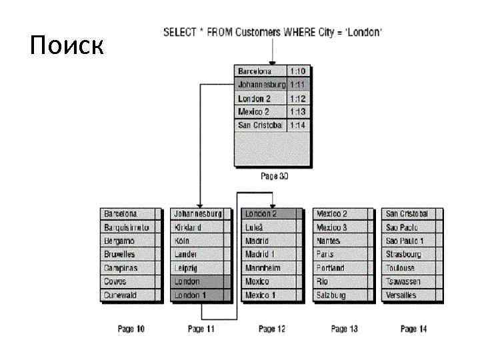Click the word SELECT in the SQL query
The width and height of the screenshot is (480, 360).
coord(179,31)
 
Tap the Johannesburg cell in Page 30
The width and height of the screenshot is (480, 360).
coord(261,85)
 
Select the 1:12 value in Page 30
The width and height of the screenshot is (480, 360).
coord(297,98)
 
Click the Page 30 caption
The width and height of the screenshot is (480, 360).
coord(274,177)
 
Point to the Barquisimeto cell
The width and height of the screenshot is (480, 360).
coord(126,227)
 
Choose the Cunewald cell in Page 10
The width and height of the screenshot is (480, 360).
coord(121,295)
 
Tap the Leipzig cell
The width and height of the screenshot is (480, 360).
coord(186,268)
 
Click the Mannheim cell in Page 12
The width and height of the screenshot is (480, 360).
coord(263,268)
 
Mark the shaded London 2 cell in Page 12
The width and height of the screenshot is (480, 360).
coord(261,214)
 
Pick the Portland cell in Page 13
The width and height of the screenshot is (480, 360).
coord(331,268)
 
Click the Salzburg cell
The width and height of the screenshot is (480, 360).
coord(331,295)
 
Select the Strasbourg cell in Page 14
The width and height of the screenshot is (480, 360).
coord(404,254)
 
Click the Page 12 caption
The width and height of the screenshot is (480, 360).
coord(271,329)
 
